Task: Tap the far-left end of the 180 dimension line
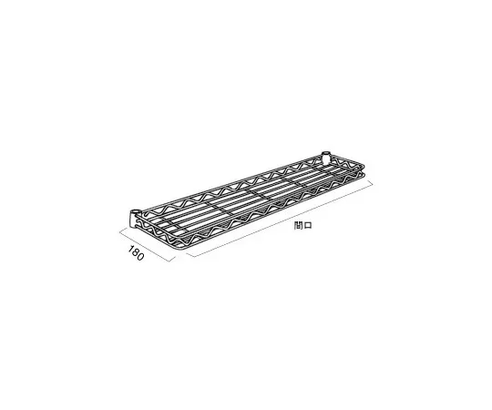coord(118,230)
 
